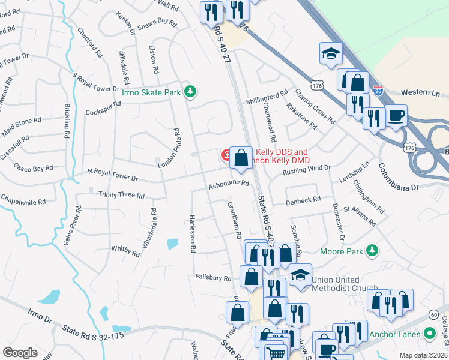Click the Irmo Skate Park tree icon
pyautogui.click(x=190, y=91)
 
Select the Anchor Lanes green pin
pyautogui.click(x=429, y=332)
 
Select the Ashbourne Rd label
pyautogui.click(x=229, y=183)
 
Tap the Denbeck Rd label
pyautogui.click(x=303, y=199)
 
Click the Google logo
pyautogui.click(x=20, y=353)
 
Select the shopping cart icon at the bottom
pyautogui.click(x=275, y=354)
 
